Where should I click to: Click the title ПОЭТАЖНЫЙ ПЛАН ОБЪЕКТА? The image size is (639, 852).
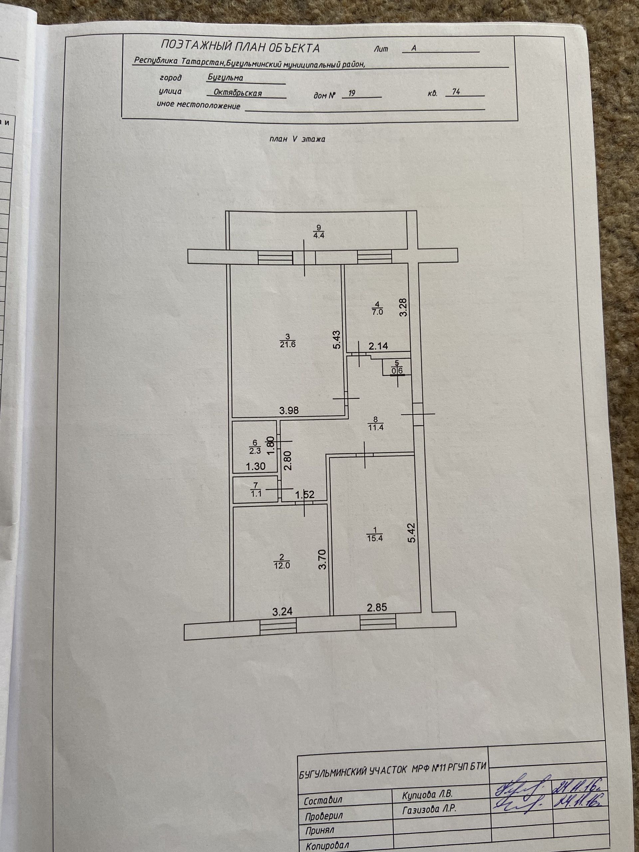[x=240, y=47]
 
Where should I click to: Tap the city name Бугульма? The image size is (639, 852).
[x=225, y=78]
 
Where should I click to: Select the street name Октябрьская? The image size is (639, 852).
[x=238, y=93]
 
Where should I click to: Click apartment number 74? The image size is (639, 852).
[x=456, y=92]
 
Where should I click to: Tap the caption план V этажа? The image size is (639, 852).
[x=297, y=139]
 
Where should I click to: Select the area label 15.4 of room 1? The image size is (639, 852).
[x=375, y=538]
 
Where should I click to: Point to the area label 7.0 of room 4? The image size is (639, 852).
[x=377, y=312]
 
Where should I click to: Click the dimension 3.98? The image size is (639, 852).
[x=289, y=411]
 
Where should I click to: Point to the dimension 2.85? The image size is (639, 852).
[x=377, y=608]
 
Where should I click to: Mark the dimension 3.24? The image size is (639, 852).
[x=283, y=611]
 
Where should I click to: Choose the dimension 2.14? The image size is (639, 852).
[x=378, y=346]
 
